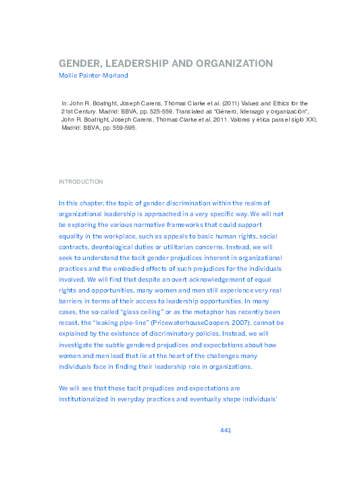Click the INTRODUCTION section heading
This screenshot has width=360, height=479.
pos(81,182)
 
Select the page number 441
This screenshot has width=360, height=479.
pos(226,430)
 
